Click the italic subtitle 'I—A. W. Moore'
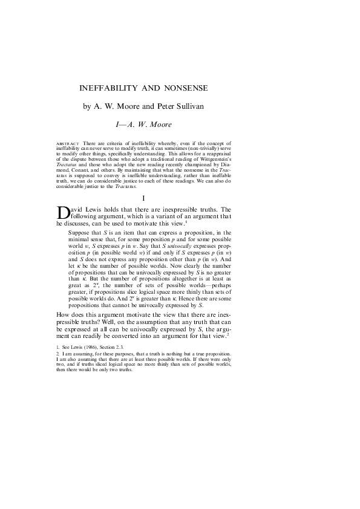tap(143, 125)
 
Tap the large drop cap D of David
tap(63, 213)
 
